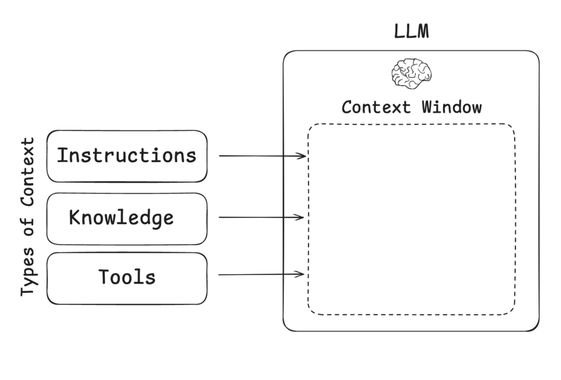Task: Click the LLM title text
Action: pyautogui.click(x=411, y=32)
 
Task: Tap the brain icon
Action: pyautogui.click(x=411, y=73)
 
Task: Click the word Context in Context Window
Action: pyautogui.click(x=376, y=107)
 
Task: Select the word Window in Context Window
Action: pyautogui.click(x=451, y=107)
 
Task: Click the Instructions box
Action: pyautogui.click(x=127, y=156)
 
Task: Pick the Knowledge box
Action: pyautogui.click(x=127, y=218)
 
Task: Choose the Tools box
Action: pyautogui.click(x=127, y=278)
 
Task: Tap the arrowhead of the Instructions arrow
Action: pyautogui.click(x=302, y=157)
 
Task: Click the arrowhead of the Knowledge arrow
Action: pyautogui.click(x=300, y=217)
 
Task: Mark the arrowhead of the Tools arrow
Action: pyautogui.click(x=301, y=274)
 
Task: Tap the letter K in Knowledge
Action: pyautogui.click(x=75, y=218)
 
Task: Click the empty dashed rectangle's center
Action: pyautogui.click(x=411, y=219)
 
